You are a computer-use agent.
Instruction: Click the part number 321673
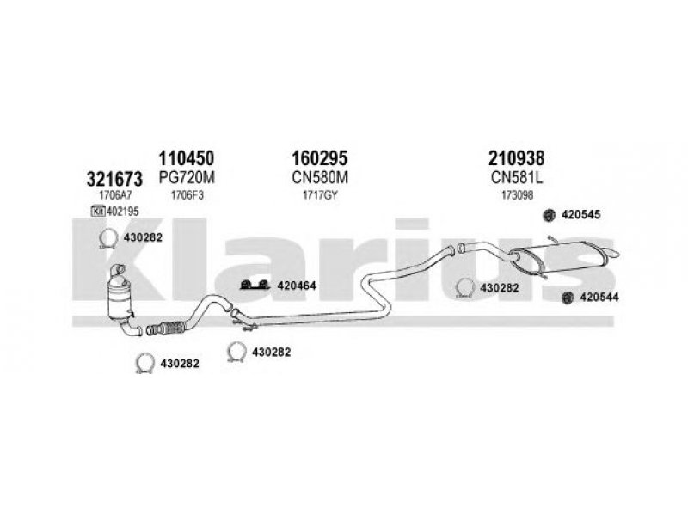click(x=114, y=179)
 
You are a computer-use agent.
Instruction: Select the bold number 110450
click(x=186, y=157)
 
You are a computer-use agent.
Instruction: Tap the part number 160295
click(x=319, y=157)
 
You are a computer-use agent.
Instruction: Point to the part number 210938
click(x=517, y=157)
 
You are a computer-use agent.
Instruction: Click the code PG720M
click(x=187, y=178)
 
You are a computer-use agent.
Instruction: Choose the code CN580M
click(x=319, y=178)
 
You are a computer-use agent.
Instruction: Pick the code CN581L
click(x=517, y=178)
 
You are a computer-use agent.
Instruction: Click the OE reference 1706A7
click(x=115, y=195)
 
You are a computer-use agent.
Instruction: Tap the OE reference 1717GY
click(x=320, y=195)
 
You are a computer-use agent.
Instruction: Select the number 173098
click(x=517, y=195)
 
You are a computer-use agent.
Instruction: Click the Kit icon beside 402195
click(x=98, y=211)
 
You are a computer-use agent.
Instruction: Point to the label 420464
click(x=296, y=286)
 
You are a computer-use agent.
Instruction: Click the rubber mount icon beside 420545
click(x=549, y=214)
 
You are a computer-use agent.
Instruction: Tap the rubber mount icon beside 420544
click(x=568, y=297)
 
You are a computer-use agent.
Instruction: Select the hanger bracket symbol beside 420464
click(x=255, y=285)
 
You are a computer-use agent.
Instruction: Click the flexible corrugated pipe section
click(x=171, y=328)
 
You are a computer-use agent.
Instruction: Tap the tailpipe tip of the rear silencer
click(x=613, y=253)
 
